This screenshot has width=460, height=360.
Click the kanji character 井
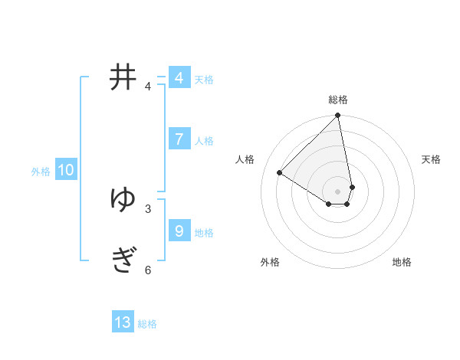click(123, 77)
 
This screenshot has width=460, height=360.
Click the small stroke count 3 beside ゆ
click(148, 208)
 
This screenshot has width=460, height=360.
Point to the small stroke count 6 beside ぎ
click(148, 270)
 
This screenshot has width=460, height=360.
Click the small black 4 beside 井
click(148, 87)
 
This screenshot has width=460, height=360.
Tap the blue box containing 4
click(179, 78)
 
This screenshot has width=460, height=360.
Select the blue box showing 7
click(179, 139)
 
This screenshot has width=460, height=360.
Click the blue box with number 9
click(179, 231)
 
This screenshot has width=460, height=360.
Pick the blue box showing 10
click(66, 170)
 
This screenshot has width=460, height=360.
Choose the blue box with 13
click(123, 322)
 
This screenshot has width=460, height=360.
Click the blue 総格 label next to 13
click(147, 324)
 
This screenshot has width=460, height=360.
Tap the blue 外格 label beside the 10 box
click(41, 172)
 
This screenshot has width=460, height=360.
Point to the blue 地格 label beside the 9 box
click(204, 233)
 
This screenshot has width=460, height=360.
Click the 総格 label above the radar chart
click(338, 100)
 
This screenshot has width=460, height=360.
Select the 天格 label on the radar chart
click(432, 159)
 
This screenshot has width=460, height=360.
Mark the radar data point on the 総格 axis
click(338, 116)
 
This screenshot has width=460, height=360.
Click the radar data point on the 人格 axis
click(280, 173)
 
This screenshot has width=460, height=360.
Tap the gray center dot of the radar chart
click(338, 191)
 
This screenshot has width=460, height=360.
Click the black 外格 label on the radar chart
click(270, 262)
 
